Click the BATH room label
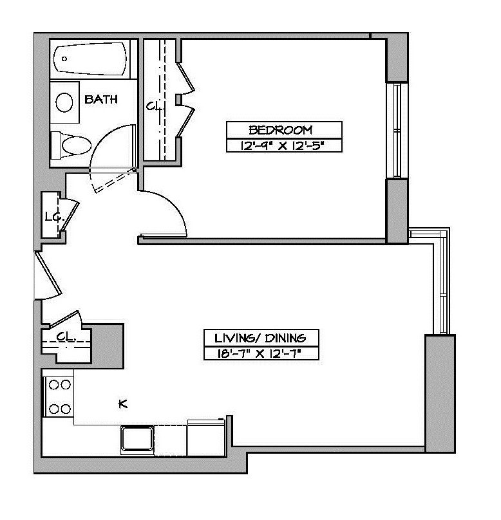pos(102,99)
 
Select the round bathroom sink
pos(64,102)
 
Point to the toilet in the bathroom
pos(71,145)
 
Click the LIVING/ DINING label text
pos(261,337)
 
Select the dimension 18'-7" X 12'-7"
pos(261,353)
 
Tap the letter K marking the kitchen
pos(122,404)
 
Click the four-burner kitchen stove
pos(59,396)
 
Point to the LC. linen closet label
pos(53,217)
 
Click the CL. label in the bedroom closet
pos(153,106)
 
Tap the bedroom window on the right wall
pos(397,130)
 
